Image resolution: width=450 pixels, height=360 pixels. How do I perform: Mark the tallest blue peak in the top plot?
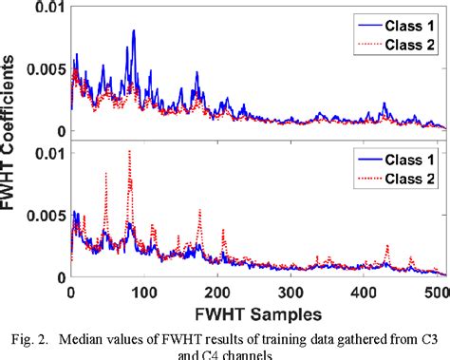pyautogui.click(x=134, y=31)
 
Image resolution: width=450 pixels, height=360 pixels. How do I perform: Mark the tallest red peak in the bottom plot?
pyautogui.click(x=129, y=152)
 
